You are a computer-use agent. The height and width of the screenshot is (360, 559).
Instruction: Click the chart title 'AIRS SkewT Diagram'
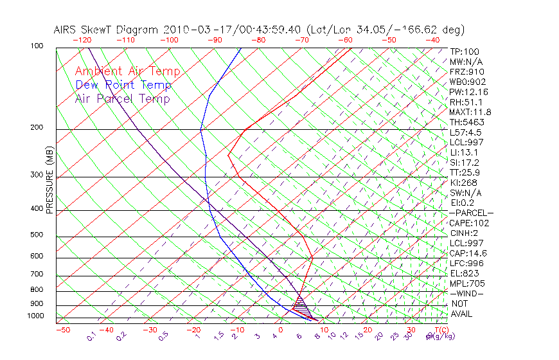[107, 30]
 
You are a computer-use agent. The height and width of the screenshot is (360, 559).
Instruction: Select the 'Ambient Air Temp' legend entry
[127, 72]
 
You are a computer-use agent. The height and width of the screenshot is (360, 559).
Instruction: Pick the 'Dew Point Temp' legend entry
[123, 85]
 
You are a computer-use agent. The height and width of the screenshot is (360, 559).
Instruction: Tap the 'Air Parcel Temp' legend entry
[122, 99]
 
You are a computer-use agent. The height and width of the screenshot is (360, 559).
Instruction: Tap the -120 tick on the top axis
[82, 40]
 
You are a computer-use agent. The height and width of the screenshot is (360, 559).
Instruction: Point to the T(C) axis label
[440, 330]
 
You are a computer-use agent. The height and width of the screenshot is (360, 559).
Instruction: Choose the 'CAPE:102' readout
[469, 223]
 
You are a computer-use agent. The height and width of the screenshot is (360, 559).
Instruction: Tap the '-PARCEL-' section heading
[471, 213]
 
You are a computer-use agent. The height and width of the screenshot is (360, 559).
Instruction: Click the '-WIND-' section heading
[467, 293]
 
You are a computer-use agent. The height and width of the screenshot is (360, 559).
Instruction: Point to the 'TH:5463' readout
[467, 122]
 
